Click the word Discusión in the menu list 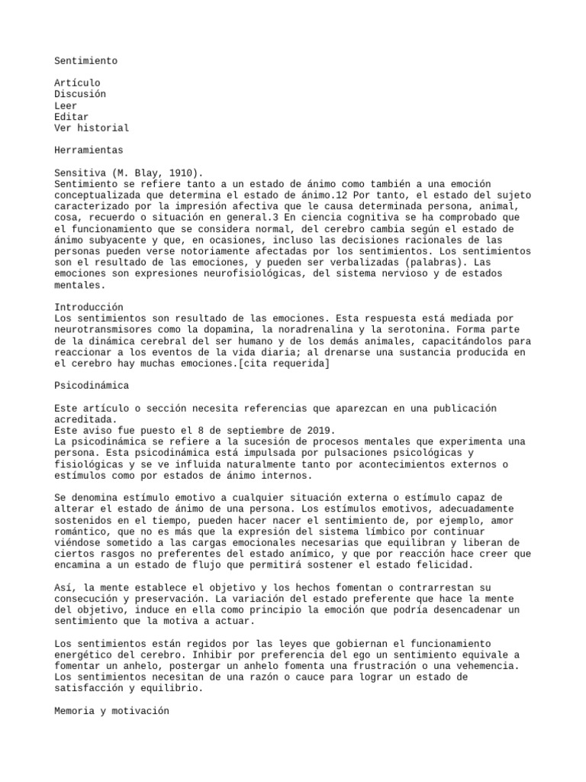(80, 94)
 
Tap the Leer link (66, 105)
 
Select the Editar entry (72, 117)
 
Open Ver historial (92, 128)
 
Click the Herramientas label (89, 150)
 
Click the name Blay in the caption (145, 173)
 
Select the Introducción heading (89, 307)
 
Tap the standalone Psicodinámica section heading (92, 386)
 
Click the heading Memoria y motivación (111, 711)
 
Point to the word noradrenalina (310, 330)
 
